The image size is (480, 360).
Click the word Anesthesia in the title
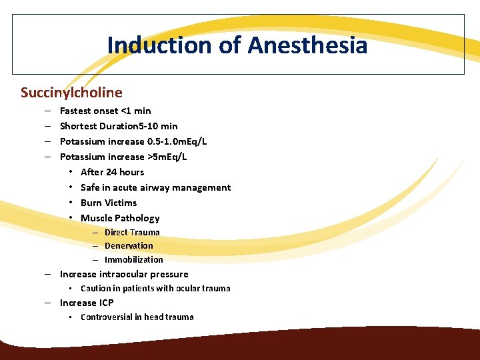tap(307, 45)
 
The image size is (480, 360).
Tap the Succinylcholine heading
tap(71, 92)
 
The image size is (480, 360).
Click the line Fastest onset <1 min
tap(105, 111)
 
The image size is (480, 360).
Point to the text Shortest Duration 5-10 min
tap(119, 126)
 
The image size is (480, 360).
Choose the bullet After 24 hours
tap(112, 172)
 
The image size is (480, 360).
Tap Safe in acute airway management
tap(155, 187)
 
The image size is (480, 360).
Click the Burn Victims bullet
tap(109, 203)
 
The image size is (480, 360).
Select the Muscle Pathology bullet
tap(120, 218)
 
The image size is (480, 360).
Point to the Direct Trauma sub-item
tap(132, 232)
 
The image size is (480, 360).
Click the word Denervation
tap(129, 245)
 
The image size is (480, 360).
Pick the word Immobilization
tap(133, 259)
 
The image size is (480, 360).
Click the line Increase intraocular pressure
tap(124, 274)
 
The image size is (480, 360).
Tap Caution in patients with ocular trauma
tap(155, 289)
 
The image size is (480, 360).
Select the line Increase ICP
tap(87, 303)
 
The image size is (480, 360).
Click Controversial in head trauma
tap(137, 317)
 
